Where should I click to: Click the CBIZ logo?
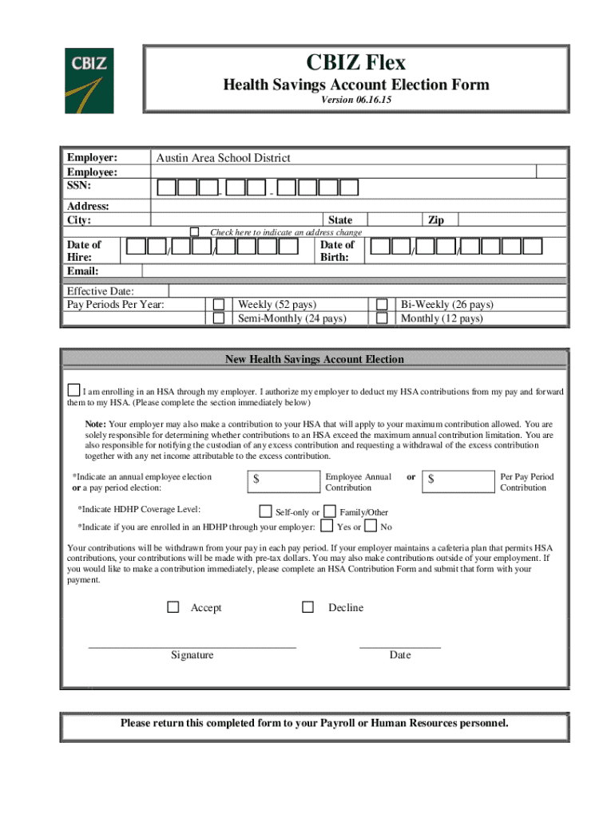tap(89, 81)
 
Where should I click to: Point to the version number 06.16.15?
tap(356, 101)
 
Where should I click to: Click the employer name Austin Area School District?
tap(223, 158)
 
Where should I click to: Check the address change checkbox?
tap(194, 231)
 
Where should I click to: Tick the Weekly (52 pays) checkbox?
tap(219, 304)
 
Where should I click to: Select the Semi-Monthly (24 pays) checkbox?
tap(219, 318)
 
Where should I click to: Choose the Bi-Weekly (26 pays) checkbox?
tap(382, 304)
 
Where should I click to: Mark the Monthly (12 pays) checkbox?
tap(382, 318)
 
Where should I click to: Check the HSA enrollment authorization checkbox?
tap(73, 390)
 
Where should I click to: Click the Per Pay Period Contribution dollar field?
tap(458, 480)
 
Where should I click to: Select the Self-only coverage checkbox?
tap(265, 511)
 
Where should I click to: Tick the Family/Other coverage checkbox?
tap(329, 511)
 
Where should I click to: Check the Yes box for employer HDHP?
tap(326, 526)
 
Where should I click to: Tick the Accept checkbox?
tap(173, 607)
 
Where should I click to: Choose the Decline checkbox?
tap(307, 607)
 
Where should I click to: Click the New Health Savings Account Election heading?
tap(315, 359)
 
